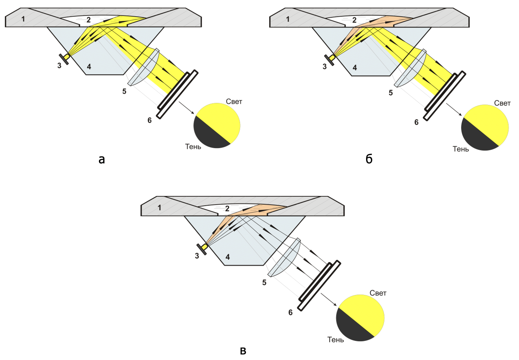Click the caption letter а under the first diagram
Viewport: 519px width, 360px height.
[101, 159]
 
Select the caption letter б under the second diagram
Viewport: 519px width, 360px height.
[369, 159]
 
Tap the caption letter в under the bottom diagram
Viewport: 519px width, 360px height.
[243, 351]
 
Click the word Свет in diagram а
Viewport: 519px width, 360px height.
[234, 101]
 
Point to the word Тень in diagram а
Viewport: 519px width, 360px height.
[193, 147]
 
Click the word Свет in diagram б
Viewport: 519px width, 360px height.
[502, 103]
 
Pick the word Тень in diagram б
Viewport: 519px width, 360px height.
[461, 149]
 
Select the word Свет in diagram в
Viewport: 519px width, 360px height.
[378, 293]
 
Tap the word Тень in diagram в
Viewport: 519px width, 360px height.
[336, 340]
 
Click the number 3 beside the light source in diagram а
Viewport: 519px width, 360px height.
[59, 65]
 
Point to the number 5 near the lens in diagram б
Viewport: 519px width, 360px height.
[391, 93]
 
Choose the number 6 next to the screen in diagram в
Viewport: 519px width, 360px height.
[290, 313]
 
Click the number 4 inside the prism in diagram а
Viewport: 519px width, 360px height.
[89, 66]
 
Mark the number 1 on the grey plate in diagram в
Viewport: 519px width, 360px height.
[160, 208]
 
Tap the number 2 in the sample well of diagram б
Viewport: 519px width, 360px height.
[354, 20]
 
